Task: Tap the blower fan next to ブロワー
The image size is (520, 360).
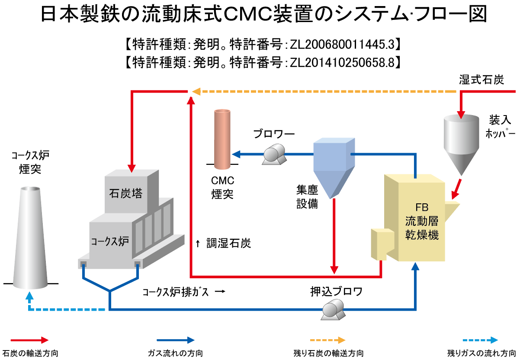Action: (274, 155)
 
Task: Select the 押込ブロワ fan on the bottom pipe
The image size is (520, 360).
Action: (332, 310)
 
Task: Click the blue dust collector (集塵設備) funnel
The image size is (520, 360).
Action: (334, 167)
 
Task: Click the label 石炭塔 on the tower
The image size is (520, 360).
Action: (126, 193)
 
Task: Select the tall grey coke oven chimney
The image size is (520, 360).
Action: (31, 238)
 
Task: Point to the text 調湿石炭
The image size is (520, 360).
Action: (229, 244)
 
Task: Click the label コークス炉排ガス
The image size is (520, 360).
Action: (176, 292)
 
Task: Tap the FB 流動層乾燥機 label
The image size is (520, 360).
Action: (422, 222)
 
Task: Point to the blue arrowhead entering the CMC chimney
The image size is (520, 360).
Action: (235, 154)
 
